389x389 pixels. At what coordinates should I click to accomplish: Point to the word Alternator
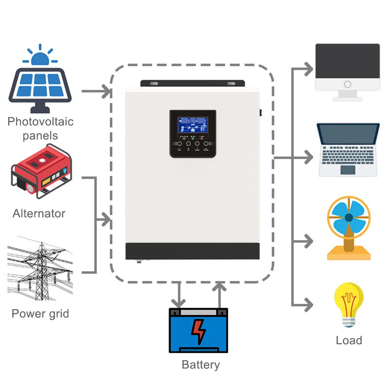(39, 214)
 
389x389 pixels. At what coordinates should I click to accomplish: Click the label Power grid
(40, 314)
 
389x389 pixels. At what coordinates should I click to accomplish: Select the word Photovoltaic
(40, 121)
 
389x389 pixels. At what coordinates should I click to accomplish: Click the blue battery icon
(198, 331)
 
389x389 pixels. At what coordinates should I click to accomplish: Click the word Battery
(201, 365)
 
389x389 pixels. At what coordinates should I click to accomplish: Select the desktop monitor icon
(347, 72)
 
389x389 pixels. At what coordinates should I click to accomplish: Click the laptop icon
(348, 150)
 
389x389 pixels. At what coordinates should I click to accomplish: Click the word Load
(349, 340)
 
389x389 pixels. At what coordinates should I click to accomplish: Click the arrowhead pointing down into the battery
(179, 303)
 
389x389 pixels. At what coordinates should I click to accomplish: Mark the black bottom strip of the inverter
(192, 251)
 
